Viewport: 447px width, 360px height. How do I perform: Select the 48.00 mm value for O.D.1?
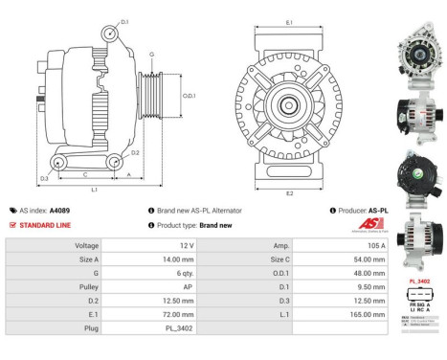347,272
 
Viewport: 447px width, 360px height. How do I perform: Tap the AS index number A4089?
59,210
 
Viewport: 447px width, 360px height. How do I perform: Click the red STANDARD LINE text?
44,224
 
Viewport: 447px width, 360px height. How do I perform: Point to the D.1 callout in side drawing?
124,19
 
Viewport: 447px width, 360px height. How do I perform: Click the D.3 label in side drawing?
44,178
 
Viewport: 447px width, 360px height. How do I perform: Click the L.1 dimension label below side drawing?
94,191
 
